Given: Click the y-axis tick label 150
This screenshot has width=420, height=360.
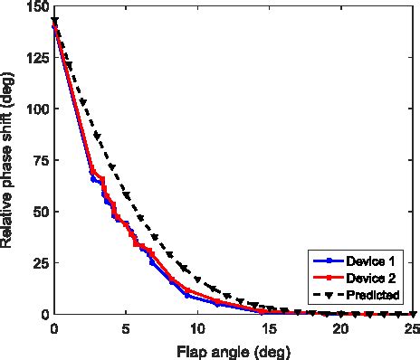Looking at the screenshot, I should (x=36, y=7).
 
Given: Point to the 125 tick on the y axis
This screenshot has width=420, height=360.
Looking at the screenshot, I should (x=36, y=59).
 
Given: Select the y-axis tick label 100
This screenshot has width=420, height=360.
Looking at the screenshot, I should (x=36, y=109).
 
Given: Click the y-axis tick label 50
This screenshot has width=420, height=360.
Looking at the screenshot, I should (x=40, y=212).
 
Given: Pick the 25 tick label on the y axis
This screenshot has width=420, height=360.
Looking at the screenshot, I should (x=40, y=263).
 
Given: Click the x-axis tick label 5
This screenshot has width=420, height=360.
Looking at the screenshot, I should (x=126, y=327).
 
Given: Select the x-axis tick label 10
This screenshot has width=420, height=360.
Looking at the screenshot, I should (x=197, y=327).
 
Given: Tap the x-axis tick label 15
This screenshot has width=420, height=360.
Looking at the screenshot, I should (x=269, y=327).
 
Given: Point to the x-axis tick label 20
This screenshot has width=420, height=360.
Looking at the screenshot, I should (x=340, y=327).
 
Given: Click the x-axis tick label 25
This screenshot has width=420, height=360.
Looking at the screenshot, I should (x=410, y=327).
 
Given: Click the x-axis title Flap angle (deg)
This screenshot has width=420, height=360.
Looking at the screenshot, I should (x=233, y=348).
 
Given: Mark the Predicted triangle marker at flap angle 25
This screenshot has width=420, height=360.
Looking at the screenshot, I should (x=412, y=314).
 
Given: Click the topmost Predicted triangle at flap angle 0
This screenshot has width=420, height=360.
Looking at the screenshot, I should (x=55, y=21).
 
